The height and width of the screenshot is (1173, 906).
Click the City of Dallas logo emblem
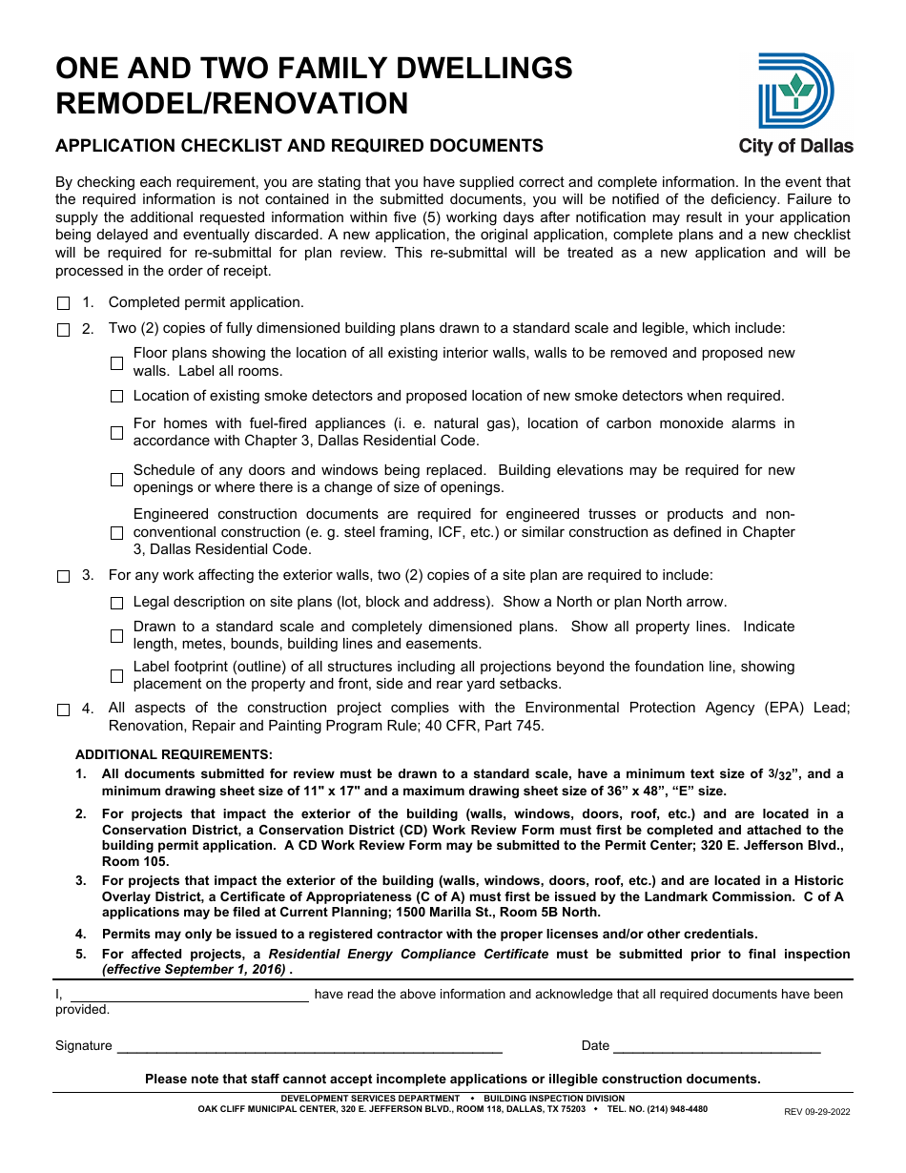(795, 91)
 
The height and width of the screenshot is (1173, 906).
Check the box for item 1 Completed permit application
(64, 303)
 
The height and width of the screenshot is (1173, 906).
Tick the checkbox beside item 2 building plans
(64, 330)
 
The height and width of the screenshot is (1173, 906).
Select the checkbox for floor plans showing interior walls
(116, 362)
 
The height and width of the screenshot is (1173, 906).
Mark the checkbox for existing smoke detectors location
(116, 397)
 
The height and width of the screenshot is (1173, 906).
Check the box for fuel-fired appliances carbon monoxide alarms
(116, 433)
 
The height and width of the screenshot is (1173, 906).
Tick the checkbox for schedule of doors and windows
(116, 480)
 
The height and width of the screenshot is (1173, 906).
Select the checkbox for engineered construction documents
(116, 533)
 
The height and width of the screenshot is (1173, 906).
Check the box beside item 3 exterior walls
(64, 577)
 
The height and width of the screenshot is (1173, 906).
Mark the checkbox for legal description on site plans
(116, 603)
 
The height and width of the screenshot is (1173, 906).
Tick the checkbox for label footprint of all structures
(116, 676)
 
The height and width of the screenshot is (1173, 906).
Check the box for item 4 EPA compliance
(64, 710)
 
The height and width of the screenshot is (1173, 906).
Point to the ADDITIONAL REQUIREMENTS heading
(174, 754)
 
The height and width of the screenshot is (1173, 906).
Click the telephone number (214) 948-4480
(677, 1109)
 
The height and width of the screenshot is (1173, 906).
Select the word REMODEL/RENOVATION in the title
(232, 103)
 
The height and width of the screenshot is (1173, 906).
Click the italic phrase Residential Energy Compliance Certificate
(408, 954)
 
